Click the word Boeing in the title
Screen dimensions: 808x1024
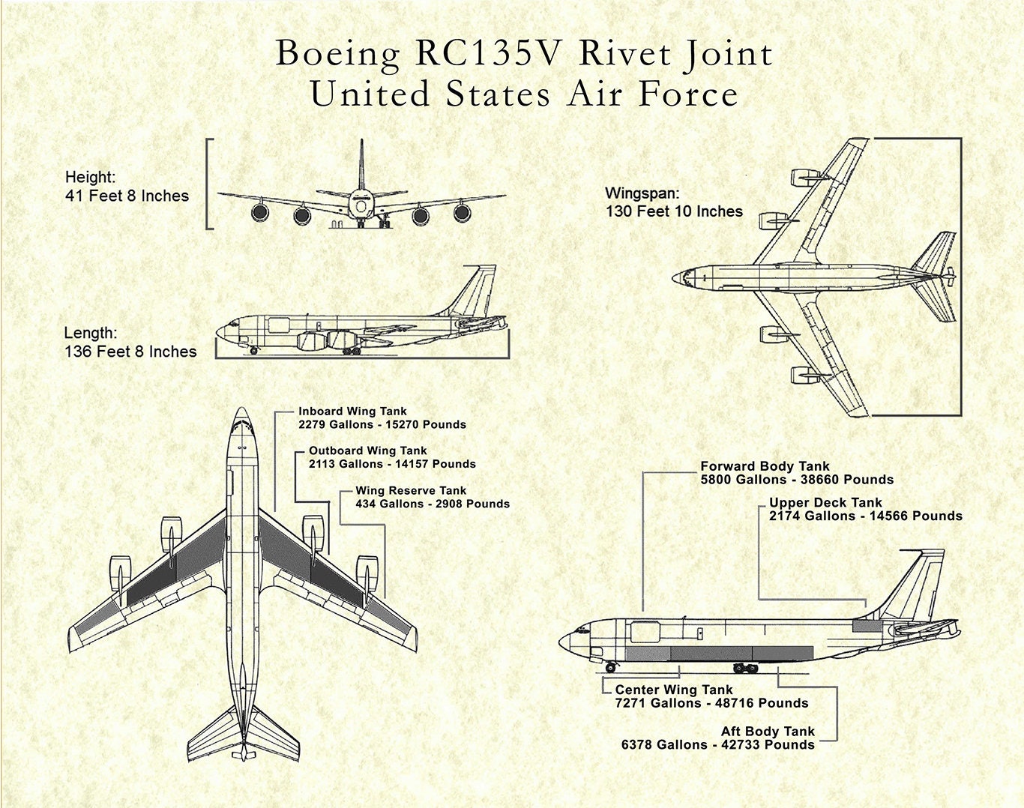pyautogui.click(x=337, y=54)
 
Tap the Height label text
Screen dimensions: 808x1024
pyautogui.click(x=90, y=178)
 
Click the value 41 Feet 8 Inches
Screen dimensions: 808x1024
pyautogui.click(x=127, y=196)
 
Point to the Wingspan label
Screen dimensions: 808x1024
pyautogui.click(x=642, y=193)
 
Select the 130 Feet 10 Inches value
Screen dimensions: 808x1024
pyautogui.click(x=674, y=211)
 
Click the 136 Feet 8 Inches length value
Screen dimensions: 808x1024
pyautogui.click(x=130, y=352)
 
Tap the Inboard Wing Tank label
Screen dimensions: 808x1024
pyautogui.click(x=352, y=411)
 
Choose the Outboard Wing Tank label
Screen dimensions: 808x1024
pyautogui.click(x=367, y=451)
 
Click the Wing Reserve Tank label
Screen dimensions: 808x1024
pyautogui.click(x=411, y=491)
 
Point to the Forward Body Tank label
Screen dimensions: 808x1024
pyautogui.click(x=765, y=466)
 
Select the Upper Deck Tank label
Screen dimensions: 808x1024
pyautogui.click(x=825, y=503)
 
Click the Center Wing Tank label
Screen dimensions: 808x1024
pyautogui.click(x=674, y=690)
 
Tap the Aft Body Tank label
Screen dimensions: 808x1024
pyautogui.click(x=768, y=731)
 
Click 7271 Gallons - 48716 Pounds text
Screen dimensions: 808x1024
pyautogui.click(x=711, y=703)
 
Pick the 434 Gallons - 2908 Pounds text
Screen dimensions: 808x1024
pyautogui.click(x=433, y=504)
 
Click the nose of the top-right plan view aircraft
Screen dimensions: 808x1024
pyautogui.click(x=677, y=277)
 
